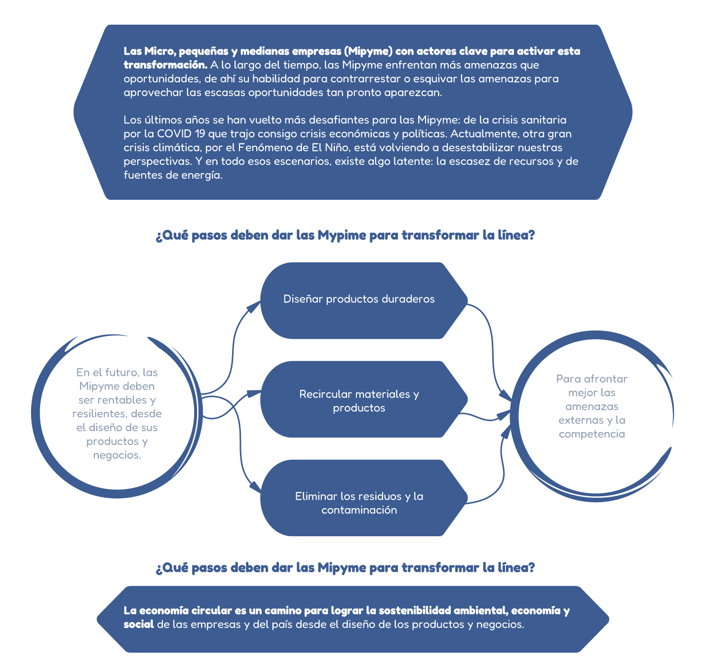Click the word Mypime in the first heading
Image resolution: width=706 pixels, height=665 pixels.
pyautogui.click(x=342, y=236)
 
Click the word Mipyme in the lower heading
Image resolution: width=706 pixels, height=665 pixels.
pyautogui.click(x=342, y=568)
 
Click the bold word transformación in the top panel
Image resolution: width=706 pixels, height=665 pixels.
pyautogui.click(x=165, y=65)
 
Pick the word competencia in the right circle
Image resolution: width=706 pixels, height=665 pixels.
pyautogui.click(x=591, y=434)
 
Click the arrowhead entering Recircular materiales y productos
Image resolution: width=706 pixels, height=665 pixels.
pyautogui.click(x=255, y=393)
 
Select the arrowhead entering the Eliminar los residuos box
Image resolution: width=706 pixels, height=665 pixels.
pyautogui.click(x=255, y=487)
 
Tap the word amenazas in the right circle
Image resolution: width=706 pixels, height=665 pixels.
pyautogui.click(x=591, y=406)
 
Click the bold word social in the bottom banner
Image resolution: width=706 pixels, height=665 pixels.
pyautogui.click(x=139, y=625)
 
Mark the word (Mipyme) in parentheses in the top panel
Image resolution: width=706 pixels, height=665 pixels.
pyautogui.click(x=368, y=51)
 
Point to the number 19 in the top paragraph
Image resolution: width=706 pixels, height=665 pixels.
pyautogui.click(x=199, y=134)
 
